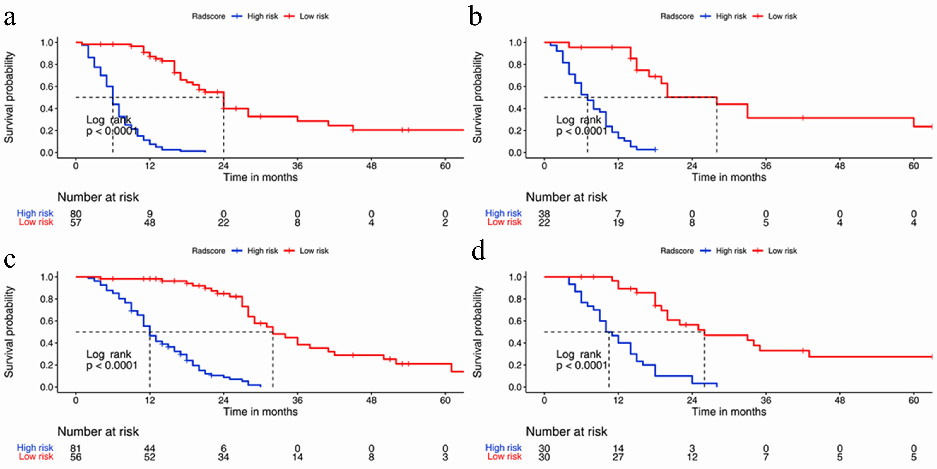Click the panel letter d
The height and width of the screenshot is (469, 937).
(478, 252)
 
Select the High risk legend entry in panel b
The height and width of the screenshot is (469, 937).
(731, 16)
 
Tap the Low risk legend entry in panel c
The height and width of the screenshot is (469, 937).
(314, 251)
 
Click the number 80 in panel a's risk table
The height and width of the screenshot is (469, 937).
(76, 213)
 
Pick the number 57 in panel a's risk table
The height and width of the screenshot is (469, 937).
(76, 222)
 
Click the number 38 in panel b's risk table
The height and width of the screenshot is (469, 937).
(544, 213)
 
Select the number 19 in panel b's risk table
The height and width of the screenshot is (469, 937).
(618, 222)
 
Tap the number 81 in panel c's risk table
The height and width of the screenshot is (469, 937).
(76, 448)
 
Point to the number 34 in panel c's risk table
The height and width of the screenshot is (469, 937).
(223, 457)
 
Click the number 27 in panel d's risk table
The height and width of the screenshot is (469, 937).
(618, 457)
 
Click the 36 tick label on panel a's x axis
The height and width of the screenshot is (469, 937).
(297, 166)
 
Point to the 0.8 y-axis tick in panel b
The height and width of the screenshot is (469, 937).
(515, 65)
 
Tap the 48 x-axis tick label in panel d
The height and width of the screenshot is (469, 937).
(839, 400)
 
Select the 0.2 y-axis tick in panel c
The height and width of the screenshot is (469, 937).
(47, 365)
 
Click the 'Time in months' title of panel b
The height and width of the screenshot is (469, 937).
(729, 177)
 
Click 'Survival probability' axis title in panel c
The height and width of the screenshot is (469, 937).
(9, 332)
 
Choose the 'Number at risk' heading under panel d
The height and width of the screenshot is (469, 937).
(566, 431)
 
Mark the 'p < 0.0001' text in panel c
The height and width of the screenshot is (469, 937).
(112, 366)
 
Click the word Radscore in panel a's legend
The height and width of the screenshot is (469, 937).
(208, 16)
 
